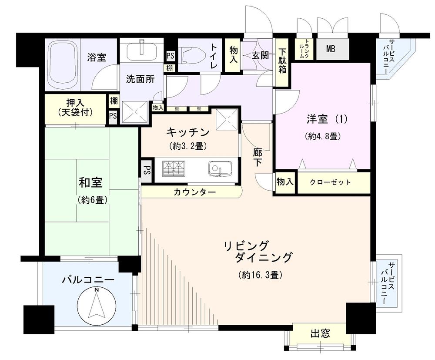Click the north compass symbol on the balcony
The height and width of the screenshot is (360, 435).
point(97,303)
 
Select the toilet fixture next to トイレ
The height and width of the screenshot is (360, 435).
point(192,56)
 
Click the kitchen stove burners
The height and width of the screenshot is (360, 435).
point(174,168)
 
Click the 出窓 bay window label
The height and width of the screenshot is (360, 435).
point(320,334)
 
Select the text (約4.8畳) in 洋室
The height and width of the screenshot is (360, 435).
point(322,136)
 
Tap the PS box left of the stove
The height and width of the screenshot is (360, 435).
point(146,169)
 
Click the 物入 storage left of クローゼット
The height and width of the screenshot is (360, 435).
point(284,182)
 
